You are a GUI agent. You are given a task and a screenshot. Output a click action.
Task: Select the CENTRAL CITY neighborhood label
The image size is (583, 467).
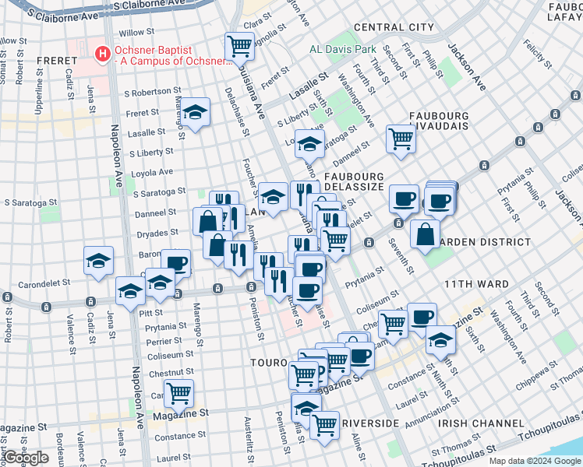pos(394,27)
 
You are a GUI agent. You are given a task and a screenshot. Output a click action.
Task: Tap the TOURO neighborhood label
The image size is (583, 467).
pos(270,363)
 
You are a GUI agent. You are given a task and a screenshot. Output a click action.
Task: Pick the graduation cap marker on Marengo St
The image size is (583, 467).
pos(196,111)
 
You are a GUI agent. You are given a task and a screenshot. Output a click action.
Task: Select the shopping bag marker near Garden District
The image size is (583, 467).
pos(426,233)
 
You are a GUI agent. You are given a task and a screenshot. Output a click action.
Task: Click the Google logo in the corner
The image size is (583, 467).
pos(26,458)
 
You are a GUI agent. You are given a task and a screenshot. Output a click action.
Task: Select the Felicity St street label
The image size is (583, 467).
pos(534,55)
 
